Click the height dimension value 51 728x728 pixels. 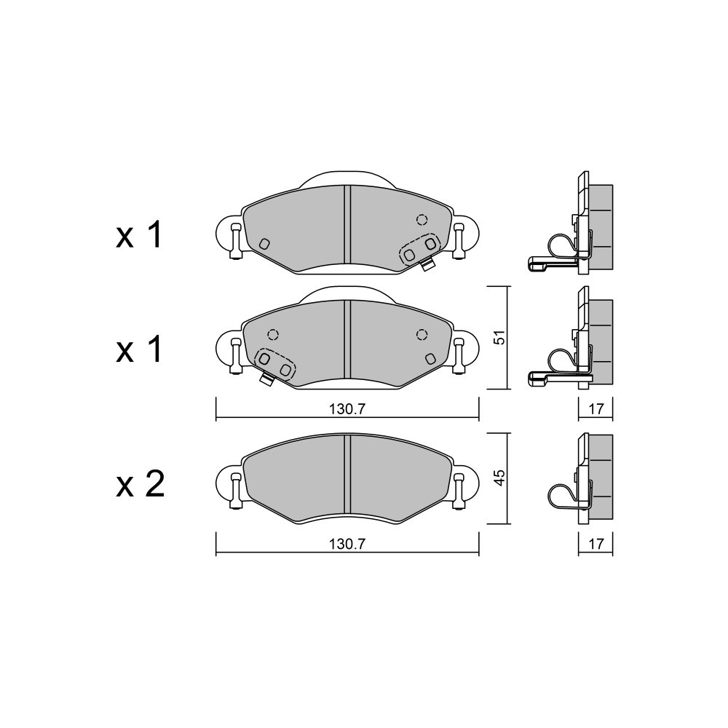(x=499, y=338)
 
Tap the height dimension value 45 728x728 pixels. (x=499, y=478)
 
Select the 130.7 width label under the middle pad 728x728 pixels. (x=347, y=409)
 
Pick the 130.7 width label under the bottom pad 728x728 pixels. (x=347, y=544)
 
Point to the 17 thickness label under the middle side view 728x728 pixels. (x=596, y=409)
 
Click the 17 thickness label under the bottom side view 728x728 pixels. (x=596, y=544)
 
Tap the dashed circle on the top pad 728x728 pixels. (x=422, y=220)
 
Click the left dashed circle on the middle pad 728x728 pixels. (x=273, y=334)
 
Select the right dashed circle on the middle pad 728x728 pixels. (x=422, y=334)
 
